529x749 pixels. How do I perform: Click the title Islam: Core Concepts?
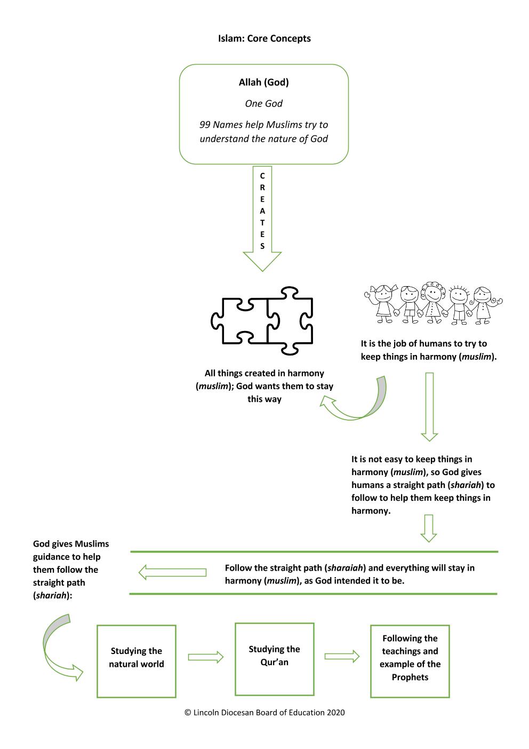coord(264,38)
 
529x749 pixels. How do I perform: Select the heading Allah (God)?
coord(263,82)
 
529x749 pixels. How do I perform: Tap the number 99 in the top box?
coord(205,124)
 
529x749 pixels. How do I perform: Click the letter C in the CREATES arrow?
coord(262,176)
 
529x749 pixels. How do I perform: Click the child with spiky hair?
coord(458,305)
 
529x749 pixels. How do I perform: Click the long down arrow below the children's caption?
coord(429,407)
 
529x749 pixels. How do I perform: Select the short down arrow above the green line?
coord(428,529)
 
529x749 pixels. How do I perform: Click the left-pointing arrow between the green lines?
coord(172,572)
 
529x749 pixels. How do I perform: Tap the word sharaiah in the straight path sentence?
coord(345,568)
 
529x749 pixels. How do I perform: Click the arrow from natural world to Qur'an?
coord(206,657)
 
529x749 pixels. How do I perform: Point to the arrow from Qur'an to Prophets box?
coord(342,657)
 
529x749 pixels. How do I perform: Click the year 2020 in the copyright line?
coord(335,713)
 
